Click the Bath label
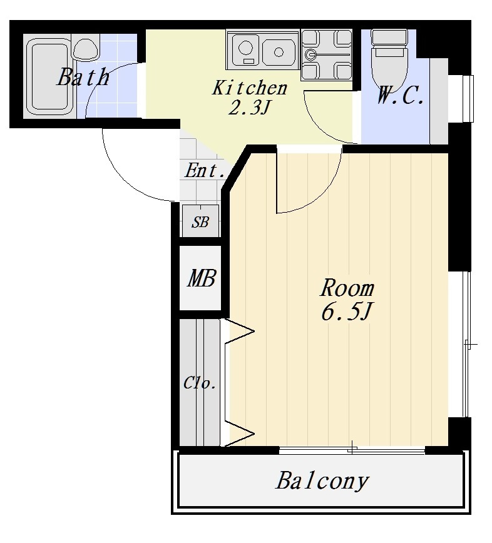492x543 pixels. (x=83, y=77)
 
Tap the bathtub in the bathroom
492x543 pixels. (x=49, y=76)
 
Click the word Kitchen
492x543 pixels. (x=250, y=88)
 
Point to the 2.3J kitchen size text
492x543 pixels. (x=249, y=108)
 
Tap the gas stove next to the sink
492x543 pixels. (x=326, y=54)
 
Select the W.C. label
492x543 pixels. (x=400, y=95)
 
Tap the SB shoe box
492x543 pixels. (x=200, y=221)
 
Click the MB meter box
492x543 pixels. (x=200, y=278)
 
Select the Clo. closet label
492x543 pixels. (x=200, y=383)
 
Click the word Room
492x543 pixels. (x=347, y=288)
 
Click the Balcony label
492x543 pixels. (x=322, y=480)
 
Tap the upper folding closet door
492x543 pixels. (x=239, y=332)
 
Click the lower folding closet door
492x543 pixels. (x=239, y=434)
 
